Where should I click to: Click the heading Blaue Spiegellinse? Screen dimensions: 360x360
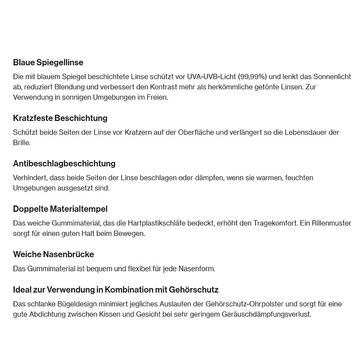48,62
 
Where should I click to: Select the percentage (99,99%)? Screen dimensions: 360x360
252,76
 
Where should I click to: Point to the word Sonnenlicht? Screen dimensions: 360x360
332,76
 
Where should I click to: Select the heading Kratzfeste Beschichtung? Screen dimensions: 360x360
60,118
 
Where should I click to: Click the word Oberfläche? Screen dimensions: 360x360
196,132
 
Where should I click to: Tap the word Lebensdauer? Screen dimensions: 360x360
305,132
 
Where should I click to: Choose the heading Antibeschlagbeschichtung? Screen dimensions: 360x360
64,163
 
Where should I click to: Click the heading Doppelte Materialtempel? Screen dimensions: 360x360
60,209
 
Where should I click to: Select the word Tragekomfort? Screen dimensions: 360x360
275,223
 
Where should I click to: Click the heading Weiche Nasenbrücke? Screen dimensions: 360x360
53,254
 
